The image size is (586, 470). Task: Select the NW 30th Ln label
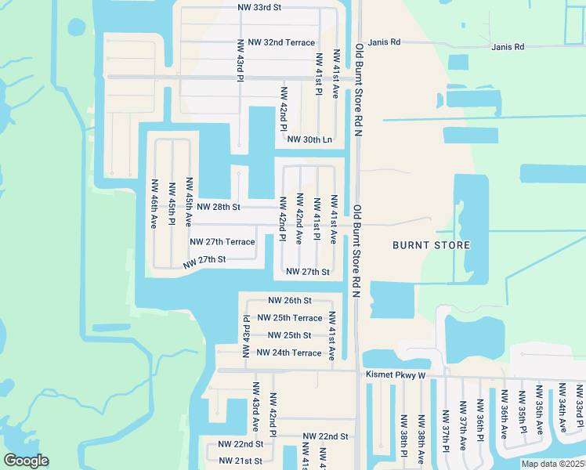[310, 139]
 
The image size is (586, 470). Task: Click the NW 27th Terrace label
[222, 242]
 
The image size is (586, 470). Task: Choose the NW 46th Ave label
[154, 203]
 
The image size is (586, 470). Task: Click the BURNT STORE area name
[432, 245]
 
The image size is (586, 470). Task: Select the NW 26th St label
[290, 300]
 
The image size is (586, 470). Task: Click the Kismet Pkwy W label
[395, 375]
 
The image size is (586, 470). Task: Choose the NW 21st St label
[241, 461]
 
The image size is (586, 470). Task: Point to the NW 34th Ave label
[562, 409]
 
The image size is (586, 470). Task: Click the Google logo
[26, 461]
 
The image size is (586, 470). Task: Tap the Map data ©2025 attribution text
[552, 464]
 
